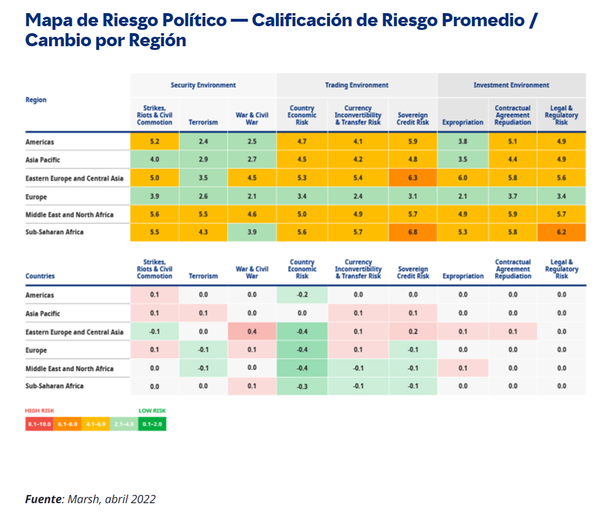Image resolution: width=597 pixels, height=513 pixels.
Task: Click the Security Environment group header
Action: [203, 85]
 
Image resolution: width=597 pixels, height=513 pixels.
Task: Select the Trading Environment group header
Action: [356, 85]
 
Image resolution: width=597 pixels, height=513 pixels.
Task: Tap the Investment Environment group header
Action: [511, 85]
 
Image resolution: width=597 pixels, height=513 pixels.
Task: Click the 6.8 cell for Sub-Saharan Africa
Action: [412, 232]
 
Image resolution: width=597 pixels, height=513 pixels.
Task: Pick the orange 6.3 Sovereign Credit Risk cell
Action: [412, 178]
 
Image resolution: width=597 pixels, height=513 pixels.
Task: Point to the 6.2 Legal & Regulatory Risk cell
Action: [561, 232]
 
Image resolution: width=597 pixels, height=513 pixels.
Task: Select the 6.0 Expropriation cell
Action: [462, 178]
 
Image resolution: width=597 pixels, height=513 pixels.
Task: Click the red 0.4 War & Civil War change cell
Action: [252, 331]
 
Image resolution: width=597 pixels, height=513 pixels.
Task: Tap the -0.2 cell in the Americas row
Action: [302, 295]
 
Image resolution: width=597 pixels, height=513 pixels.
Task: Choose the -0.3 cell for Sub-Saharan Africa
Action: [302, 386]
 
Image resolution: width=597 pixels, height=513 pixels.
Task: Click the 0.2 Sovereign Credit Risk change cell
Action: [413, 331]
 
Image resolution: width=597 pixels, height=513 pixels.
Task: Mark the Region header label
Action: [36, 100]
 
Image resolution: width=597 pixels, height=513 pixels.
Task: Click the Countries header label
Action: [40, 276]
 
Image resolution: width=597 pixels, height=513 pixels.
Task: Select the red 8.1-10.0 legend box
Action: [39, 424]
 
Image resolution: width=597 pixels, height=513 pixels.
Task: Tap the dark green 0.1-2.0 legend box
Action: [152, 424]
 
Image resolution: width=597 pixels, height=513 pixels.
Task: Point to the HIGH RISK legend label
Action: [39, 411]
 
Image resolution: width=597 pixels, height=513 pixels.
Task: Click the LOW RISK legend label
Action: [152, 411]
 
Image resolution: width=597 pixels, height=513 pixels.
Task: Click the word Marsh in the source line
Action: [83, 499]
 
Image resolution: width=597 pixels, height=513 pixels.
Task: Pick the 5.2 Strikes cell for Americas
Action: [154, 142]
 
